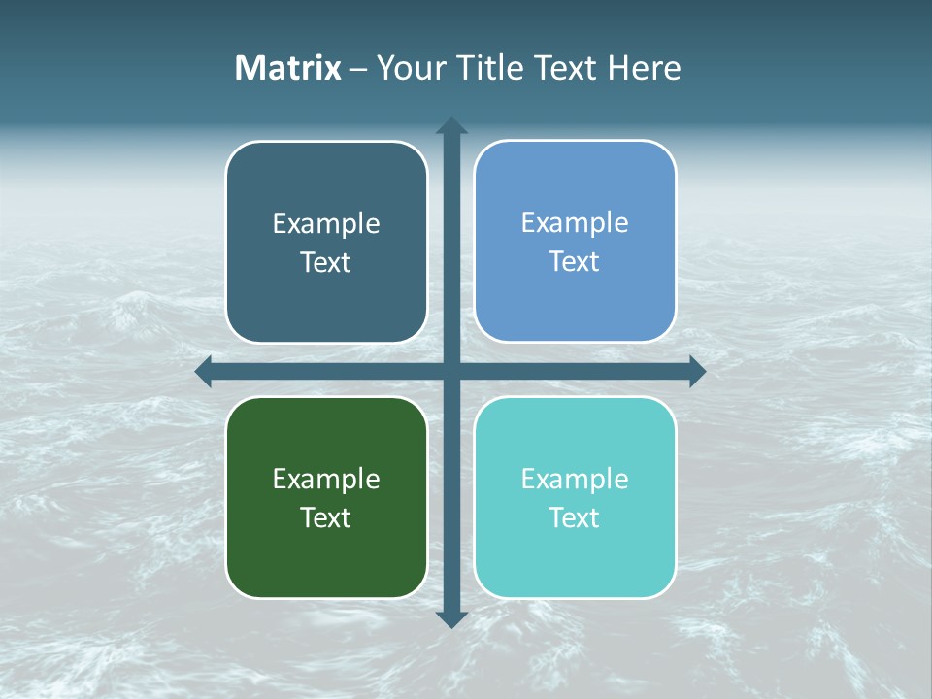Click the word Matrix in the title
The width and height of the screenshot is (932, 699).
coord(287,68)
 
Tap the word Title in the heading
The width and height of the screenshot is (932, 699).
coord(490,68)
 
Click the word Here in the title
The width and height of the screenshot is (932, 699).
coord(644,68)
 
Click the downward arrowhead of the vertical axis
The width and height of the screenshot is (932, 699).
coord(451,618)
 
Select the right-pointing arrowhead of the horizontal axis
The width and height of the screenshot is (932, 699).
coord(697,371)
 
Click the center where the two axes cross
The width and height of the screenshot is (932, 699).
coord(451,371)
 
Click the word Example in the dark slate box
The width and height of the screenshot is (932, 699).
coord(326,224)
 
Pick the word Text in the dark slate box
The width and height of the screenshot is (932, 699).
coord(326,263)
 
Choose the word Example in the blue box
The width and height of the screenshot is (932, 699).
coord(575,223)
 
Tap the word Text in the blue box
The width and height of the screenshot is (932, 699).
coord(575,262)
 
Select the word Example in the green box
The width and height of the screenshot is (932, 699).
coord(326,480)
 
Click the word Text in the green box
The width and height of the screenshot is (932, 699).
coord(326,518)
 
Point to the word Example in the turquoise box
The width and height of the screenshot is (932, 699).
coord(575,480)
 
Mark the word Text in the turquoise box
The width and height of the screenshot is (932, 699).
coord(575,518)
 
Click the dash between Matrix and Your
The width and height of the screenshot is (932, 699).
coord(358,69)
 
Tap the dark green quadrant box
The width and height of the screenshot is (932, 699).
coord(326,563)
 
